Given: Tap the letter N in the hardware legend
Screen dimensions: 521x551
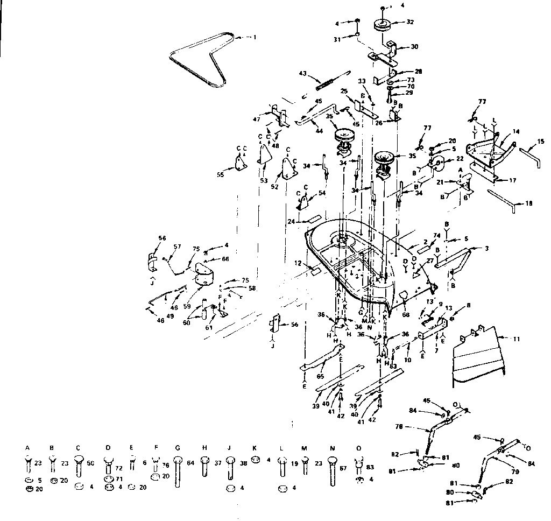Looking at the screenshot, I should (332, 448).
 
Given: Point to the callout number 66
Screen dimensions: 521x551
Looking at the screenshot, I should (210, 259).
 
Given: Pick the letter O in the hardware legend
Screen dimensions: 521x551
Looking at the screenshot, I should (359, 448).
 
